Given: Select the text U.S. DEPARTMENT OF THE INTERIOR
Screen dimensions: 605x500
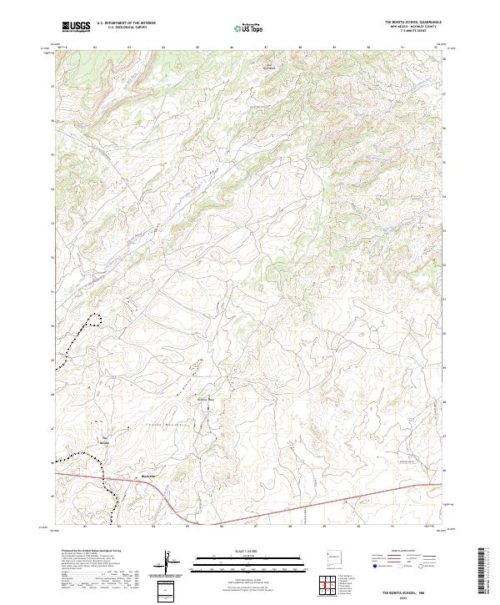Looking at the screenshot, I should [126, 23].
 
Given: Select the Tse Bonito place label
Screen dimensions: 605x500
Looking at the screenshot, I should [106, 442].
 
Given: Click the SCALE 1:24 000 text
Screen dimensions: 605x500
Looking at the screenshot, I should [250, 551].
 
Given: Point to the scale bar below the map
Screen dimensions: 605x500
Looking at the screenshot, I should [250, 559].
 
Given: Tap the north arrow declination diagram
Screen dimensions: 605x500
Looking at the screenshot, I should [171, 563].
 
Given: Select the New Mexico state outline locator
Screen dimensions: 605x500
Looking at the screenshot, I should [335, 557].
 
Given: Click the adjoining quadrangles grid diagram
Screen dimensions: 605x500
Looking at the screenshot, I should [327, 587].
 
